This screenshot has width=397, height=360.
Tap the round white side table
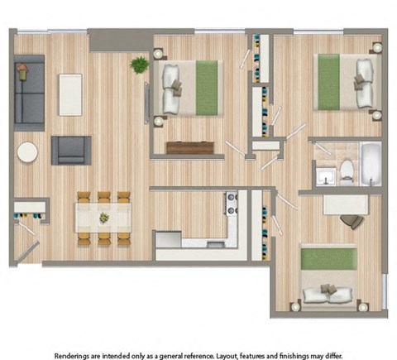[x=28, y=153]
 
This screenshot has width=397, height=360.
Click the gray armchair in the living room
[x=71, y=151]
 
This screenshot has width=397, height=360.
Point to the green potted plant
[x=139, y=65]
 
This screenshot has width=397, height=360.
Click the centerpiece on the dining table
[x=104, y=218]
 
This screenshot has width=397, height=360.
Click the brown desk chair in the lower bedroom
[x=352, y=220]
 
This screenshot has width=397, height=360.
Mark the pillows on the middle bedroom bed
[x=173, y=88]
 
